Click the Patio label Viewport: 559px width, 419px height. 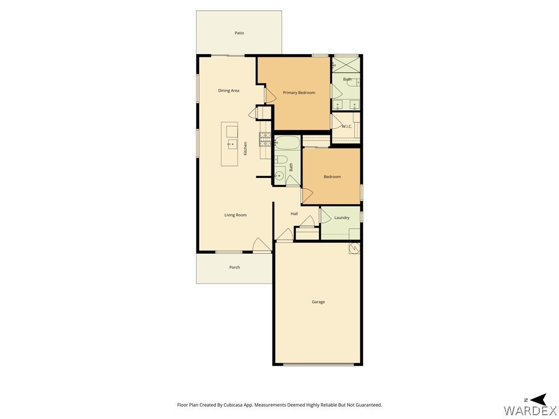pyautogui.click(x=239, y=33)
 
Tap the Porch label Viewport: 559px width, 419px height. pyautogui.click(x=235, y=267)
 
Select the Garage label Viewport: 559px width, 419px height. pyautogui.click(x=318, y=302)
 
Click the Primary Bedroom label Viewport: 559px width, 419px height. pyautogui.click(x=299, y=93)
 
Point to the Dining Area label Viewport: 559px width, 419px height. pyautogui.click(x=229, y=91)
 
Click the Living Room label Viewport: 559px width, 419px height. pyautogui.click(x=235, y=215)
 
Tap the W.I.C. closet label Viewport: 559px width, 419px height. pyautogui.click(x=347, y=126)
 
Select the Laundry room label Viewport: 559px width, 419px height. pyautogui.click(x=342, y=218)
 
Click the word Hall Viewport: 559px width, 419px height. pyautogui.click(x=294, y=214)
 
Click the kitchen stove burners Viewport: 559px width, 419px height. pyautogui.click(x=265, y=139)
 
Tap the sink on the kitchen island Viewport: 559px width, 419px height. pyautogui.click(x=232, y=144)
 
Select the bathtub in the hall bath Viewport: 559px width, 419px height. pyautogui.click(x=287, y=142)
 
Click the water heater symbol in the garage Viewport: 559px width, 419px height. pyautogui.click(x=354, y=248)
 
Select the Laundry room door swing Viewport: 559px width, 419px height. pyautogui.click(x=326, y=216)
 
